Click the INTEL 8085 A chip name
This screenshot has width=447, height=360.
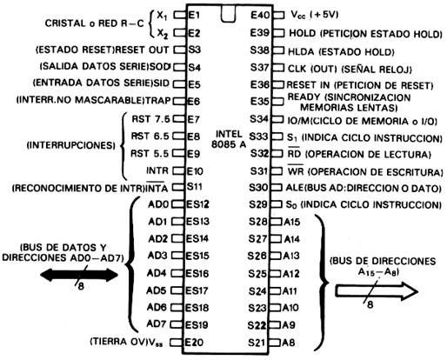pyautogui.click(x=229, y=139)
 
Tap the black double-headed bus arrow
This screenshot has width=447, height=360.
pyautogui.click(x=79, y=275)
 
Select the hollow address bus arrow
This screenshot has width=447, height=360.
pyautogui.click(x=377, y=291)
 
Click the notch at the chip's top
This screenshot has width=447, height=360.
pyautogui.click(x=228, y=14)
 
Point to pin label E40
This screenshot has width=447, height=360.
pyautogui.click(x=260, y=15)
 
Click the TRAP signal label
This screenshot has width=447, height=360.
pyautogui.click(x=157, y=101)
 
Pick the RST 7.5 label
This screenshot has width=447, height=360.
pyautogui.click(x=150, y=119)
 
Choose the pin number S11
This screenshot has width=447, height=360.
pyautogui.click(x=195, y=187)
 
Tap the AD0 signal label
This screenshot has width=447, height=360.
pyautogui.click(x=158, y=204)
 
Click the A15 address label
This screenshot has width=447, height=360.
pyautogui.click(x=291, y=223)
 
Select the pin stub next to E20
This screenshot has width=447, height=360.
pyautogui.click(x=177, y=343)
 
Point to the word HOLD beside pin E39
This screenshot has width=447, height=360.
pyautogui.click(x=303, y=33)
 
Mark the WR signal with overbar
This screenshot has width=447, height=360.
pyautogui.click(x=296, y=170)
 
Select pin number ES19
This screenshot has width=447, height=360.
pyautogui.click(x=197, y=324)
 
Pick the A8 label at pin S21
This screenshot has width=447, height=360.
pyautogui.click(x=289, y=343)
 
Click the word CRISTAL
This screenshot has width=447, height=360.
pyautogui.click(x=65, y=23)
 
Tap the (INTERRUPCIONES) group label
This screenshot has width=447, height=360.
pyautogui.click(x=71, y=145)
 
